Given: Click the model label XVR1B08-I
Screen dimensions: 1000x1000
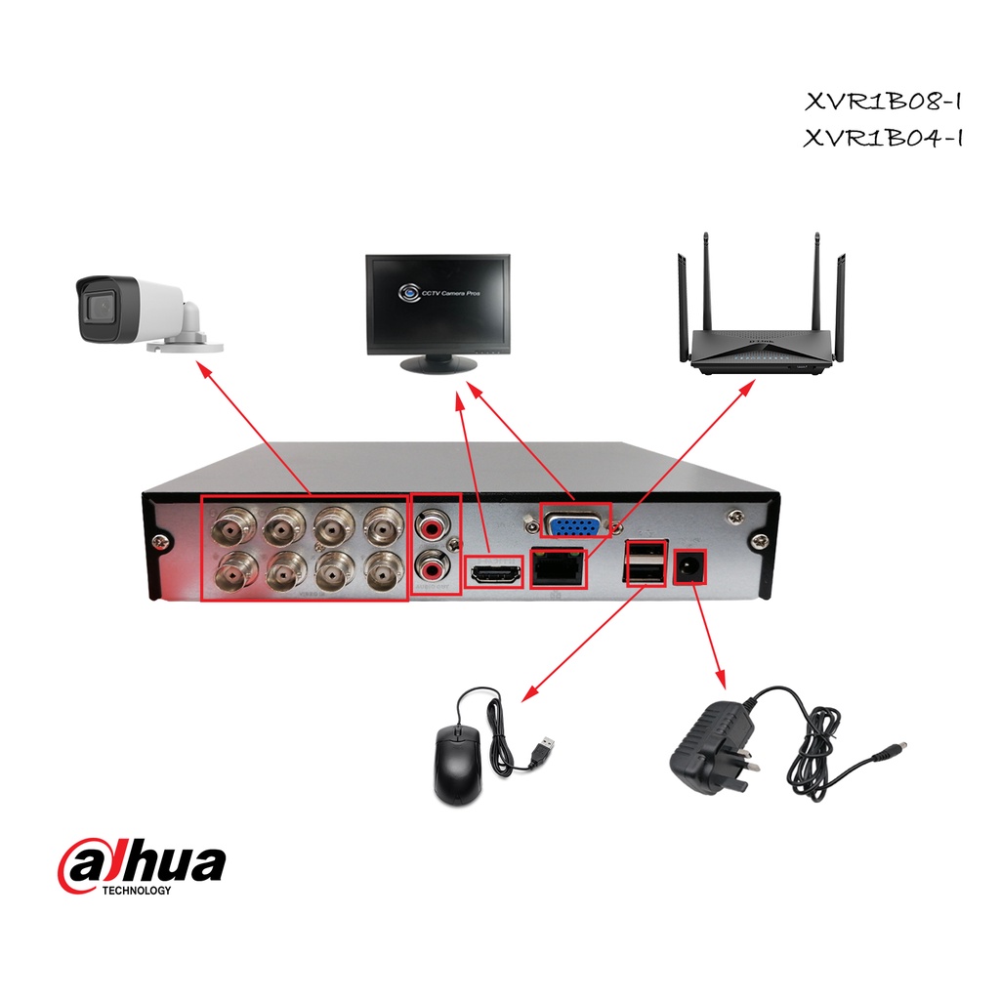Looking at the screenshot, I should click(x=884, y=101).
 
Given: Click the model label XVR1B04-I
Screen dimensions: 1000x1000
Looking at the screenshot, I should click(x=884, y=138).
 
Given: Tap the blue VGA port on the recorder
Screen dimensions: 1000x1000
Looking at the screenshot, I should click(x=576, y=525).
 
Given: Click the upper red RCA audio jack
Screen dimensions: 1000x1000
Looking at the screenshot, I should click(x=430, y=527).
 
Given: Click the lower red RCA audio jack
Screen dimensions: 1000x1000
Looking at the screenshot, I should click(x=430, y=564).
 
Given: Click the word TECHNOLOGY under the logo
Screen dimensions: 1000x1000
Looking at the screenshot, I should click(x=137, y=890).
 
